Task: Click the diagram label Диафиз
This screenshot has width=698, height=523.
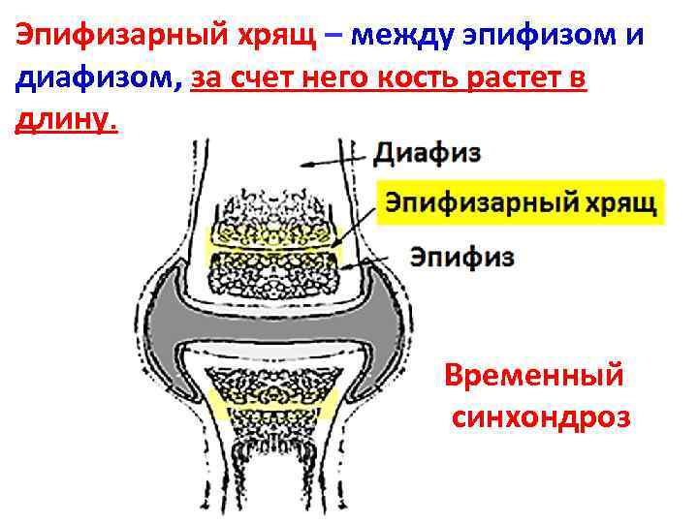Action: point(427,154)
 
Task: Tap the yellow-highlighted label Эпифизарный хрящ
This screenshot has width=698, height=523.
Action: point(522,203)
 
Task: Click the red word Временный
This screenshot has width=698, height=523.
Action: point(534,375)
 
